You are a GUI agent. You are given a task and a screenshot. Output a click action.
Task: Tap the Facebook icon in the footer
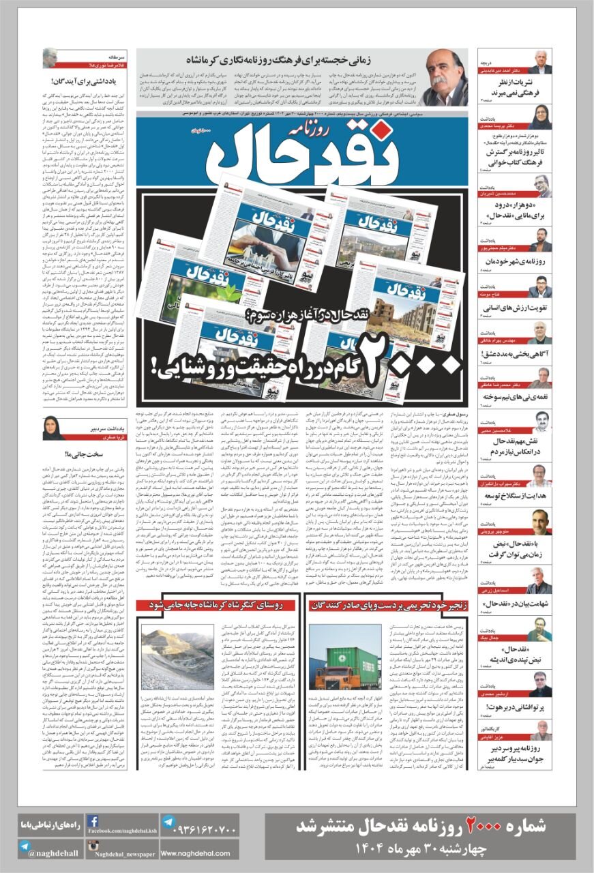click(94, 822)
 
